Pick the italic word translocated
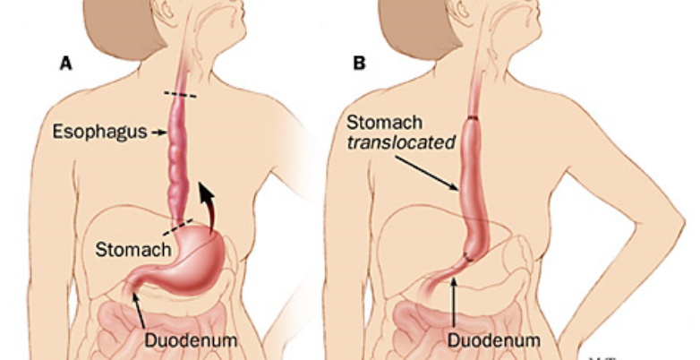400,141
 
